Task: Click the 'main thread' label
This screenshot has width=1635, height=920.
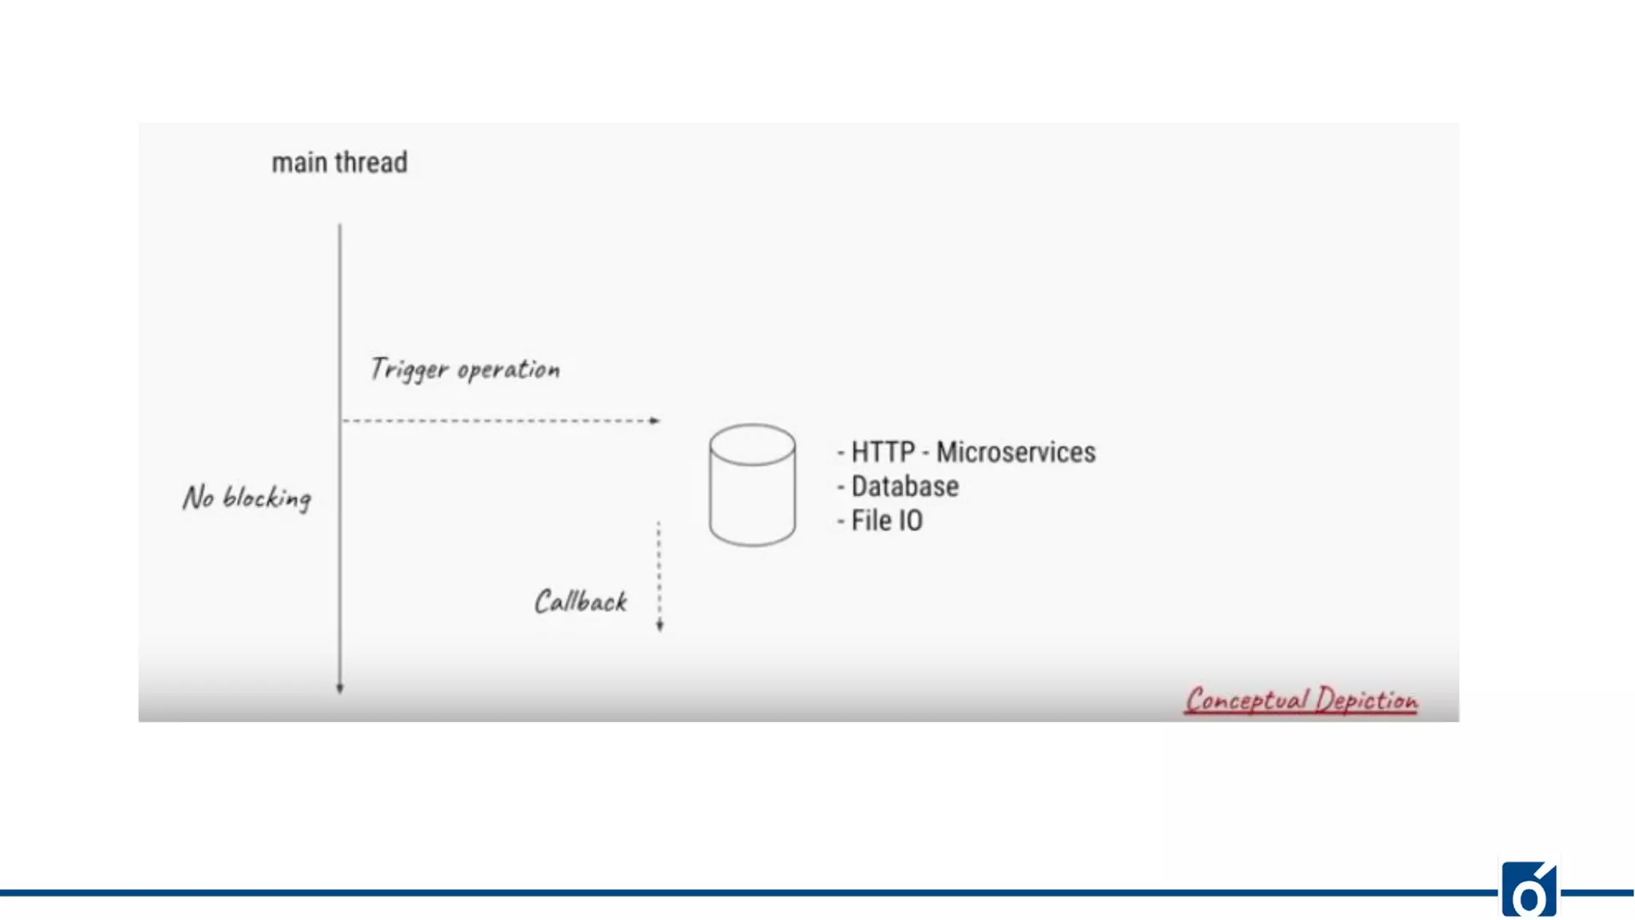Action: tap(339, 163)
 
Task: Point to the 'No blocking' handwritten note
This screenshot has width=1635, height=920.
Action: tap(247, 498)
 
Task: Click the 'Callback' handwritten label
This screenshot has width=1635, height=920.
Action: tap(580, 602)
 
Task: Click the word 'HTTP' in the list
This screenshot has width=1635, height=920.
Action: tap(883, 453)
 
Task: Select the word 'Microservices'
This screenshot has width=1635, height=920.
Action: tap(1015, 453)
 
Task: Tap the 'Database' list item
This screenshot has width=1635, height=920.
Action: tap(905, 487)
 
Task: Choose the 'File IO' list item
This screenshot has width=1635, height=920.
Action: tap(886, 521)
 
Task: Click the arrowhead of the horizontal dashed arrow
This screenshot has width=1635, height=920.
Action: tap(655, 421)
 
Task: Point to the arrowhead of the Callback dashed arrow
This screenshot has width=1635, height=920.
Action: tap(659, 626)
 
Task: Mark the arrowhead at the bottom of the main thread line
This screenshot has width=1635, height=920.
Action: tap(340, 688)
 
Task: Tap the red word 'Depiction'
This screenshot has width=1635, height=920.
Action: tap(1367, 700)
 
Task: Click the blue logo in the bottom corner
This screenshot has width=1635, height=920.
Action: tap(1529, 890)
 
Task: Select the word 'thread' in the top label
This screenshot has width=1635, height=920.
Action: tap(371, 163)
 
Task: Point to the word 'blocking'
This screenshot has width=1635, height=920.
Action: tap(267, 498)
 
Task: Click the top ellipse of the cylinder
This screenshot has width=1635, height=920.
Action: tap(752, 444)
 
